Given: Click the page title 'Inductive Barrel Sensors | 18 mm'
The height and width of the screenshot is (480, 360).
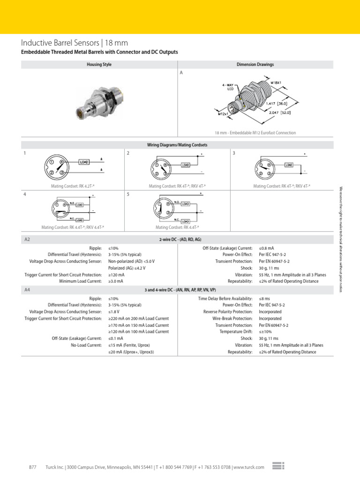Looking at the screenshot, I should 77,43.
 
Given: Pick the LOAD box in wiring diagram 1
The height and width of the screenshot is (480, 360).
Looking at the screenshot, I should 84,162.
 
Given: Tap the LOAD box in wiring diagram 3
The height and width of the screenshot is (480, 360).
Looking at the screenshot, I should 289,165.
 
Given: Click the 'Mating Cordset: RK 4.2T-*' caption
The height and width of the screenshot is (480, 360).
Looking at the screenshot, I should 73,186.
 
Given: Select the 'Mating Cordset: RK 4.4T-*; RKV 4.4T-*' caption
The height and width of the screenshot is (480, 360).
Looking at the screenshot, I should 73,227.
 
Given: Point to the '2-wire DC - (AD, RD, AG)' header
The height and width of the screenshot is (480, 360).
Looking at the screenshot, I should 180,239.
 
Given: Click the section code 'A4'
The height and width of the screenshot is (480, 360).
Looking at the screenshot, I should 27,291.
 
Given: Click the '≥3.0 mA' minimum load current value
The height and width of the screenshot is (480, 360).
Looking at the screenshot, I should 116,281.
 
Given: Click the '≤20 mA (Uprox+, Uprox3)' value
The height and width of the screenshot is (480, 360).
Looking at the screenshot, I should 131,352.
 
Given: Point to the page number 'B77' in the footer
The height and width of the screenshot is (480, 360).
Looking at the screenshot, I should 33,467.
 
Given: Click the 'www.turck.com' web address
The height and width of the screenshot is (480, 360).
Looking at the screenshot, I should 248,467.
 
